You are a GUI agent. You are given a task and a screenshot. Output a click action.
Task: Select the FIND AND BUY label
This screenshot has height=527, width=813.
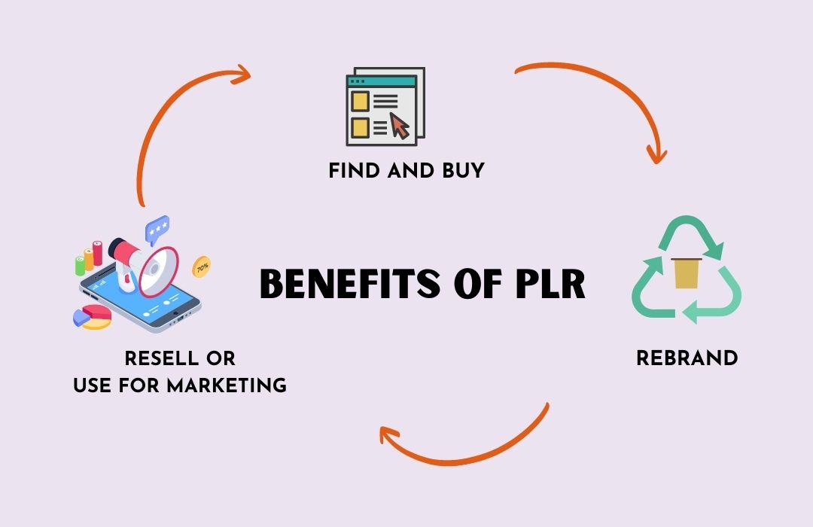tap(406, 171)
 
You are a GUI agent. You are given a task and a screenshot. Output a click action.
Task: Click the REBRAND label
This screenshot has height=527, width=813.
tap(687, 358)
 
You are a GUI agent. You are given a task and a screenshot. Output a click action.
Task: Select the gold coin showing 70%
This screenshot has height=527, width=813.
tap(202, 266)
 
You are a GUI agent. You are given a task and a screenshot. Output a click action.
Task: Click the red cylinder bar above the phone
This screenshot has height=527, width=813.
tap(97, 253)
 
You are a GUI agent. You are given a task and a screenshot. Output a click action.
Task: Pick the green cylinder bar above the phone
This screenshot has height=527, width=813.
tap(80, 265)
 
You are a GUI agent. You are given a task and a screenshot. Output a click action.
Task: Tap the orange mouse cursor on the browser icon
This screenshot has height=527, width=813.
tap(400, 126)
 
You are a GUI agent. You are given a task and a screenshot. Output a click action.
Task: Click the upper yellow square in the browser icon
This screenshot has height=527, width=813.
tap(360, 100)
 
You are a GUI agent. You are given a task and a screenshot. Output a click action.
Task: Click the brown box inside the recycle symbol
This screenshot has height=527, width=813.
tap(687, 273)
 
